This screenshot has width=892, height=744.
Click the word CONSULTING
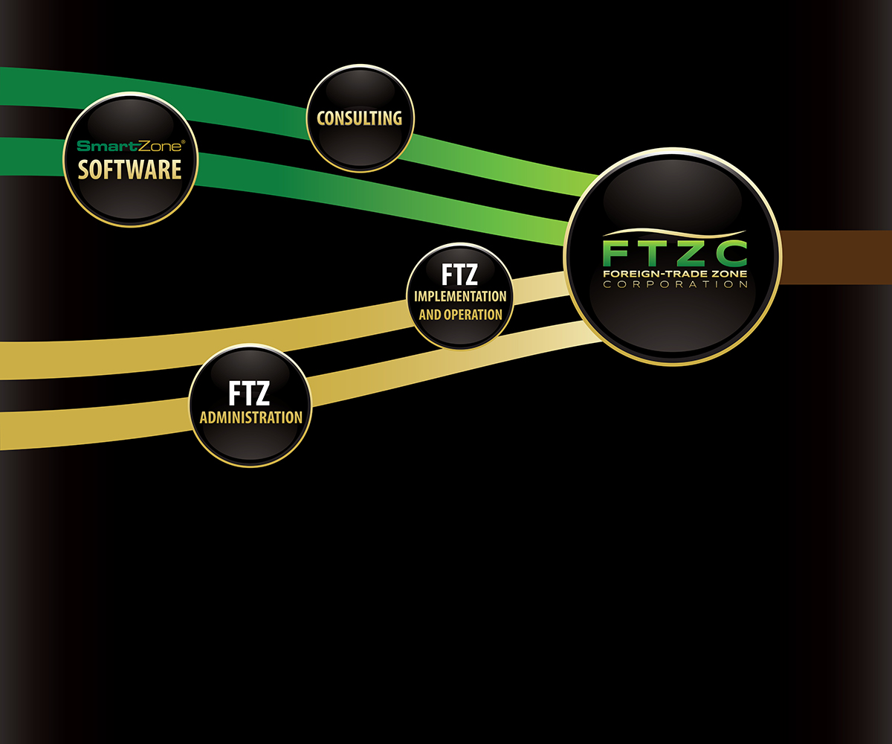coord(360,118)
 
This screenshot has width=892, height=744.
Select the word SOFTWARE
coord(130,170)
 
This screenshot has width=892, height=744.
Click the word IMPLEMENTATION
coord(460,296)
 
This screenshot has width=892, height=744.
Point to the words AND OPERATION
coord(460,315)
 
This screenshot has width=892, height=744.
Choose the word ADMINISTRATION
coord(251,417)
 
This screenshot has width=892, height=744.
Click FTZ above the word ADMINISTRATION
coord(251,393)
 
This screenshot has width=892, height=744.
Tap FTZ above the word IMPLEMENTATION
coord(459,275)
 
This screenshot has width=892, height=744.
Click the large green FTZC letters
coord(674,254)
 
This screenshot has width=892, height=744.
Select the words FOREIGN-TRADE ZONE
coord(674,274)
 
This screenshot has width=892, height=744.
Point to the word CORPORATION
coord(674,285)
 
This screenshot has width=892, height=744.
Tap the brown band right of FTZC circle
coord(836,257)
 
